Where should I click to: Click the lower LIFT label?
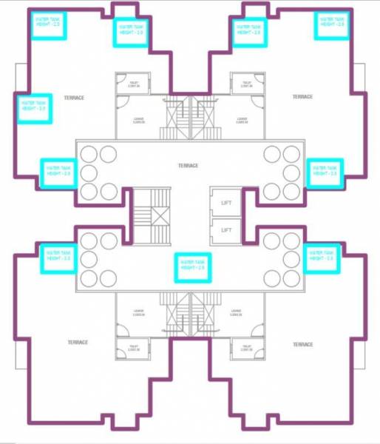(x=225, y=229)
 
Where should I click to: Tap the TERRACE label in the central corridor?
(x=189, y=165)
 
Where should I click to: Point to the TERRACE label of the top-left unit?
(x=73, y=98)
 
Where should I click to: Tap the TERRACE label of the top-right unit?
(x=302, y=97)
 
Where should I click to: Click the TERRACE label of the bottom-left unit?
(x=78, y=342)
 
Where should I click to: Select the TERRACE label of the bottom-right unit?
(x=302, y=344)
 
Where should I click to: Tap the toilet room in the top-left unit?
(x=134, y=84)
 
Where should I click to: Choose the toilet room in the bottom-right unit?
(x=243, y=349)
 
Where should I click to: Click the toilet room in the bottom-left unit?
(x=133, y=349)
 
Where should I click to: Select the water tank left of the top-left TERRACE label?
(x=34, y=107)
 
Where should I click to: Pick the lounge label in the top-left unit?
(x=138, y=121)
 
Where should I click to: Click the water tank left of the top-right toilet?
(x=248, y=32)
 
